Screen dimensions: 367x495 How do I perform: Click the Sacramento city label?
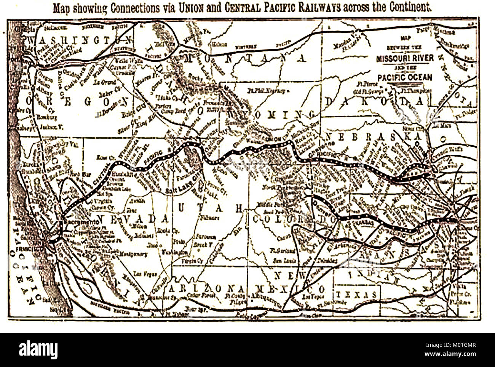pos(76,221)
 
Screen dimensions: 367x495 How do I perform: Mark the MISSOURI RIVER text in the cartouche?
pos(404,58)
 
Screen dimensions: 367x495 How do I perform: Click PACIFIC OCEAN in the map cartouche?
pos(405,77)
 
